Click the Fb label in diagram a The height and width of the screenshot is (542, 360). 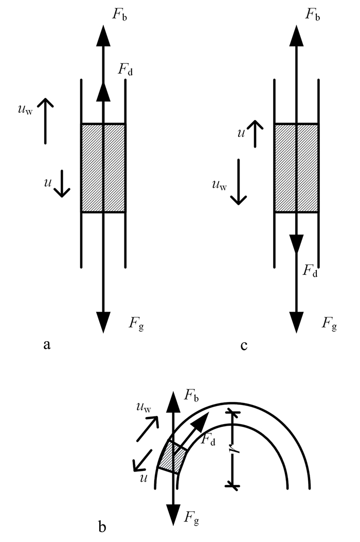click(x=120, y=13)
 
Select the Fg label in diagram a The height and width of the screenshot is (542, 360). click(x=136, y=324)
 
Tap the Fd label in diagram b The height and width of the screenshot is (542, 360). click(x=208, y=439)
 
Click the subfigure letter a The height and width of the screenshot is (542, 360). click(x=47, y=345)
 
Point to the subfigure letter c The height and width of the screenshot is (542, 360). click(x=244, y=345)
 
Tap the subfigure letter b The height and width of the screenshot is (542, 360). click(x=102, y=527)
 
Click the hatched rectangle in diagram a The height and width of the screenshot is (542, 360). click(x=103, y=168)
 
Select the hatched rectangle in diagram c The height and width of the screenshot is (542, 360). click(x=297, y=168)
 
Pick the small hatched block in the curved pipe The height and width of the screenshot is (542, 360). click(x=172, y=457)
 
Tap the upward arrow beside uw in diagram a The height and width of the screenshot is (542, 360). click(x=45, y=120)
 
